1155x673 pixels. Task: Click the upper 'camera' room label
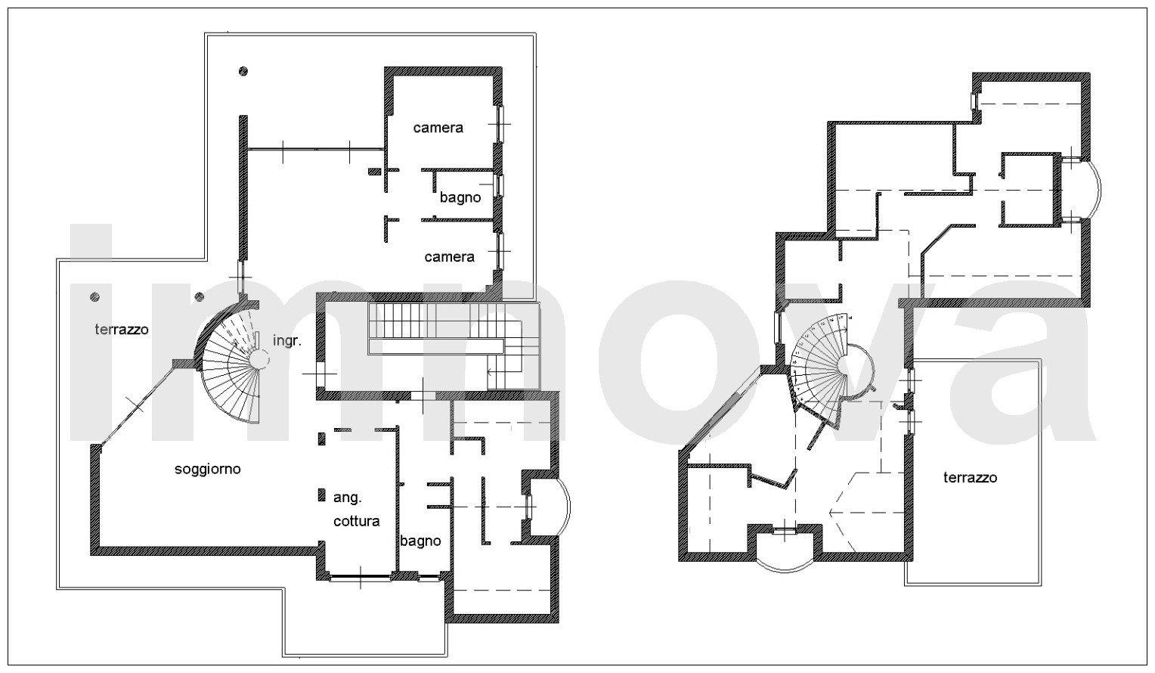pos(438,127)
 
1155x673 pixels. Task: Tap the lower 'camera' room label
pos(449,256)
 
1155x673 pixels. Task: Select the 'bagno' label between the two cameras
pos(460,197)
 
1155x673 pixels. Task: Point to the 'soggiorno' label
pos(207,470)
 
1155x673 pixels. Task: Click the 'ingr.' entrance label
pos(286,341)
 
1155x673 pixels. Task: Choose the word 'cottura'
pos(356,521)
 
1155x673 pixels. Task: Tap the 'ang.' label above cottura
pos(348,498)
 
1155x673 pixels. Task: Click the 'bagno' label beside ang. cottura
pos(420,541)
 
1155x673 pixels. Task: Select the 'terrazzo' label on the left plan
pos(122,330)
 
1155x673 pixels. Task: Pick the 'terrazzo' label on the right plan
pos(970,478)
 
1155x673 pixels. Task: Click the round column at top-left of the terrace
pos(243,72)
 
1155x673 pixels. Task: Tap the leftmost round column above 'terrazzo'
pos(94,297)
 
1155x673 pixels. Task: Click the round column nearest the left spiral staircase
pos(200,297)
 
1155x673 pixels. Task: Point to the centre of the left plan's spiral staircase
pos(259,358)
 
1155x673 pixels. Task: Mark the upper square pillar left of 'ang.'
pos(322,439)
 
